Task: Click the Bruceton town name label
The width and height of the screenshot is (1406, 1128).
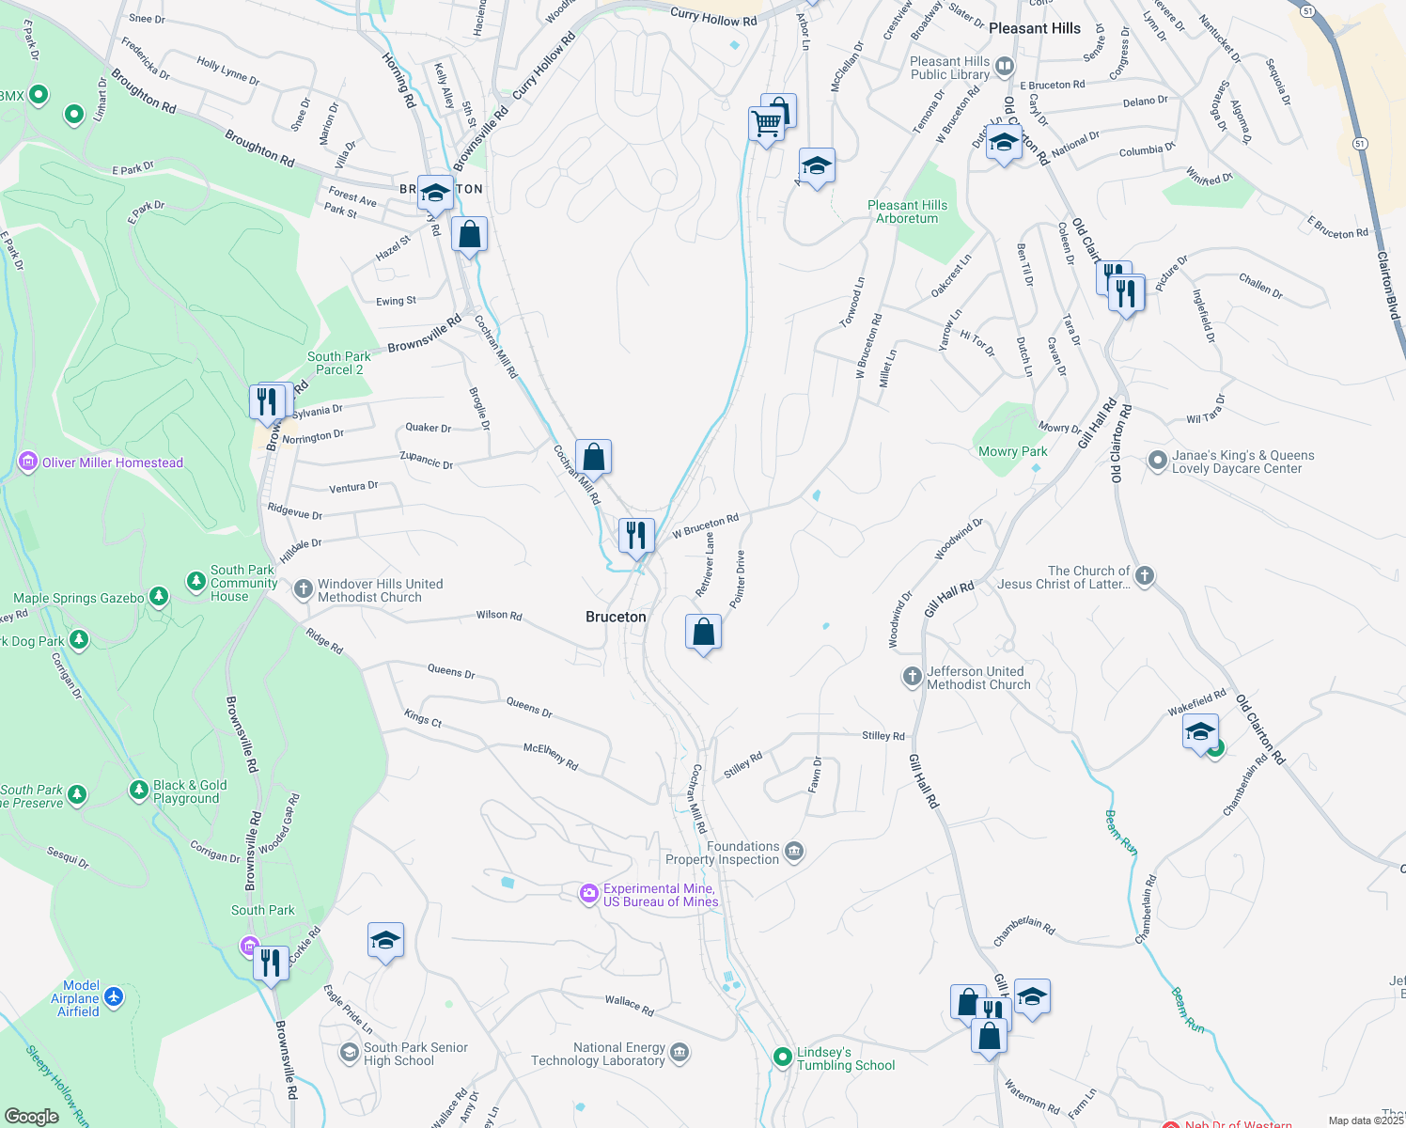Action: [x=616, y=617]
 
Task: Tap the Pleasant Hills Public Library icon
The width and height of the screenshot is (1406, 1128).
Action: [x=1004, y=67]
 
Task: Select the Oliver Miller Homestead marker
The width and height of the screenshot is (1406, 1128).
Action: [x=28, y=462]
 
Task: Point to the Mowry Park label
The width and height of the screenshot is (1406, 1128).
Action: [x=1012, y=451]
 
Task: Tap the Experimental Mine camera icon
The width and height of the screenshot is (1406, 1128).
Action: [x=589, y=894]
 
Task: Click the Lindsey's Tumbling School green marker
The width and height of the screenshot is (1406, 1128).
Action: [x=782, y=1057]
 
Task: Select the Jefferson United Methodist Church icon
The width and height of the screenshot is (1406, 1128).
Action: [x=912, y=677]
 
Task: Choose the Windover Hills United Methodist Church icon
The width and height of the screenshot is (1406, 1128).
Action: [x=303, y=589]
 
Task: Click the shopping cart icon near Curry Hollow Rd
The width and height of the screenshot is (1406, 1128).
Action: [x=766, y=122]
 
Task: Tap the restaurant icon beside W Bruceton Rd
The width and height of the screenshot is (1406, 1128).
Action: [x=636, y=536]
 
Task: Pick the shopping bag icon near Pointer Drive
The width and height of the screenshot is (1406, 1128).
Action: [x=703, y=633]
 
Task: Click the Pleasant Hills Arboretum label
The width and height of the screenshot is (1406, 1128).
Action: [x=907, y=211]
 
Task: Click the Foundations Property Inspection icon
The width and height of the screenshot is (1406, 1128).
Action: [x=794, y=852]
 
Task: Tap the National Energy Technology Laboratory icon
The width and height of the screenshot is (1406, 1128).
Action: [x=680, y=1052]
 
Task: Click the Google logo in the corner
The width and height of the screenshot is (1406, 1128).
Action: [x=32, y=1116]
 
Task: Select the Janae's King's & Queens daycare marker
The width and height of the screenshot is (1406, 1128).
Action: [x=1157, y=461]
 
